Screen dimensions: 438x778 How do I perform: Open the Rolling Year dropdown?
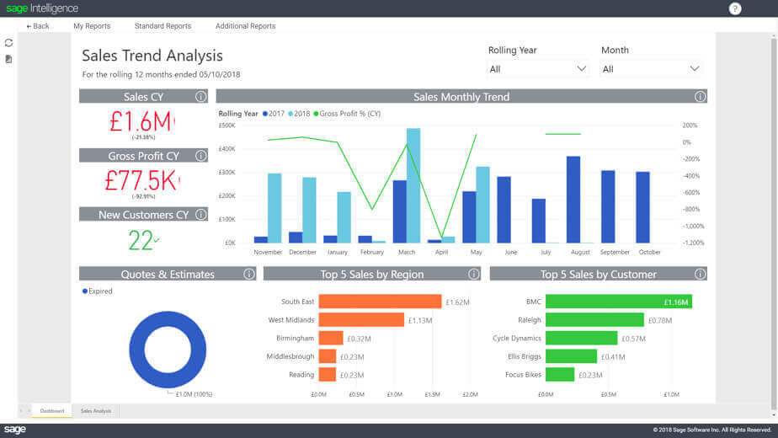pos(538,69)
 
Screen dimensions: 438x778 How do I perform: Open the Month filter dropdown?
pos(651,69)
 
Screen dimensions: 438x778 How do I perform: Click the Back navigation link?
pos(38,26)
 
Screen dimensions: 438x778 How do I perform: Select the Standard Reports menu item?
pos(163,26)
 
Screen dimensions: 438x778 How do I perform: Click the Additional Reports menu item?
pos(245,26)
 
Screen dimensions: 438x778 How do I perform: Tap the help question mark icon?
pos(735,8)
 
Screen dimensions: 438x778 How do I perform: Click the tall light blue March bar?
pos(413,185)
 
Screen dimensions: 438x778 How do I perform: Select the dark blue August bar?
pos(573,200)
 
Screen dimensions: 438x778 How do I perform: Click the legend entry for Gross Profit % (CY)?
pos(349,114)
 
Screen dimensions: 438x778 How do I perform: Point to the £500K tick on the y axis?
pos(226,126)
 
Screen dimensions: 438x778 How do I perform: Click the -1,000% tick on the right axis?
pos(693,226)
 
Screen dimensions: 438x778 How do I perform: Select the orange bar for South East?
pos(380,302)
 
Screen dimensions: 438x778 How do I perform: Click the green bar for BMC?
pos(618,302)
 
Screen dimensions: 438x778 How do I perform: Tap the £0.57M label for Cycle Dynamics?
pos(633,339)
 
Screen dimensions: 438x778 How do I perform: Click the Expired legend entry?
pos(99,291)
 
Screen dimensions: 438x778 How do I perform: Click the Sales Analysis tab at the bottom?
pos(95,411)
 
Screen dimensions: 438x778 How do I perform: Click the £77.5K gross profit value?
pos(140,179)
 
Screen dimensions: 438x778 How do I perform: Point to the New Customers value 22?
pos(141,240)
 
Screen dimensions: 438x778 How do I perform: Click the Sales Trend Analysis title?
pos(152,56)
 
